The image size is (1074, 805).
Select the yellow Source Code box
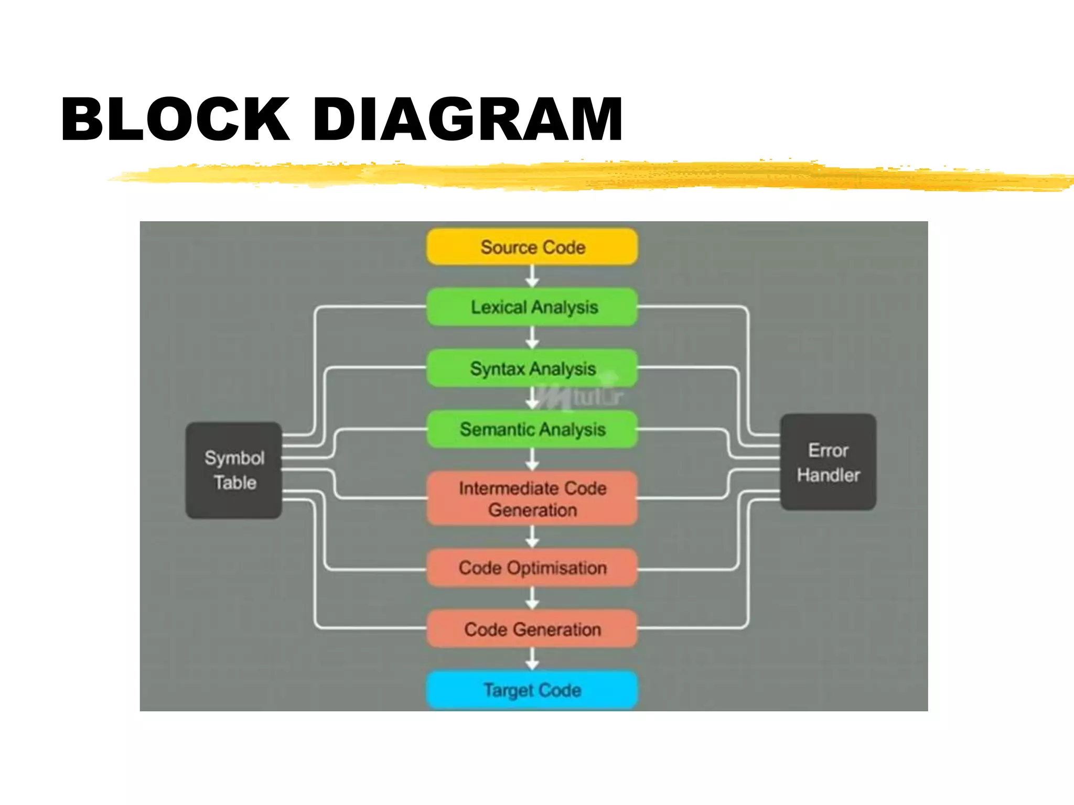(x=532, y=247)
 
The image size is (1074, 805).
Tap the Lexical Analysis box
(x=532, y=307)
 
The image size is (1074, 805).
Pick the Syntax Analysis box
(x=532, y=368)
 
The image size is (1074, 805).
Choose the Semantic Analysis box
(x=532, y=429)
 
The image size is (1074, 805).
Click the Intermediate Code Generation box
(x=532, y=498)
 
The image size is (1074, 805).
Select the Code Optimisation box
(x=532, y=568)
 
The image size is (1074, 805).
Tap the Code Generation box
(x=532, y=629)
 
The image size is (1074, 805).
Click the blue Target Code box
(x=532, y=690)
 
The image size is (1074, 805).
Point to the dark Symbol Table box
(x=234, y=470)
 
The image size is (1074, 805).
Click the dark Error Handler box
(x=828, y=462)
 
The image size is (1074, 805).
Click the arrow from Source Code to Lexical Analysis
(x=532, y=276)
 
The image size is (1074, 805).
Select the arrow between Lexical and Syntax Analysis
(x=532, y=338)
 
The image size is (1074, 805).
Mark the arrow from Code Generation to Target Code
(x=532, y=659)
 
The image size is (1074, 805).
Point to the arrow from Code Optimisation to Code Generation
(x=532, y=598)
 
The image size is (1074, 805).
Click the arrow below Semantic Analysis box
(x=532, y=460)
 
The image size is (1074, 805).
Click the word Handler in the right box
(x=828, y=475)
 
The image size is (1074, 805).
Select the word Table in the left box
(x=235, y=483)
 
